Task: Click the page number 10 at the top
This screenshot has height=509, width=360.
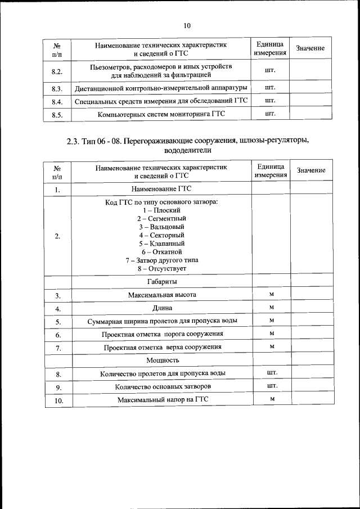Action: click(x=187, y=25)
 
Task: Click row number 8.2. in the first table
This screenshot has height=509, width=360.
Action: click(x=57, y=71)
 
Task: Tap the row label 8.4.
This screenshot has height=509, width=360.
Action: click(x=57, y=102)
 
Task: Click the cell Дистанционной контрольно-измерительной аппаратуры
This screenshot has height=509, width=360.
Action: click(x=161, y=88)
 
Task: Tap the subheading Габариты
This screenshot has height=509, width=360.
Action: click(x=161, y=281)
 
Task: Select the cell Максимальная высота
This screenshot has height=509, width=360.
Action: click(x=161, y=295)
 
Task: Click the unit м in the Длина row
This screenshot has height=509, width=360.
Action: click(x=271, y=308)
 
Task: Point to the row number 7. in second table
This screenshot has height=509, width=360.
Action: click(x=57, y=348)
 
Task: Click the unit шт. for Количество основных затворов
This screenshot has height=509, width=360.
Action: click(x=271, y=386)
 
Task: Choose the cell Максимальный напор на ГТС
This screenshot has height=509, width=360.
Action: click(x=161, y=400)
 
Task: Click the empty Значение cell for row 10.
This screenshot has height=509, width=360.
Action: click(x=312, y=400)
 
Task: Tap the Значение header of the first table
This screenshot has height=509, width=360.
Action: click(x=310, y=48)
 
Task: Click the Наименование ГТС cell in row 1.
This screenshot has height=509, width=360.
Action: click(x=161, y=190)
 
